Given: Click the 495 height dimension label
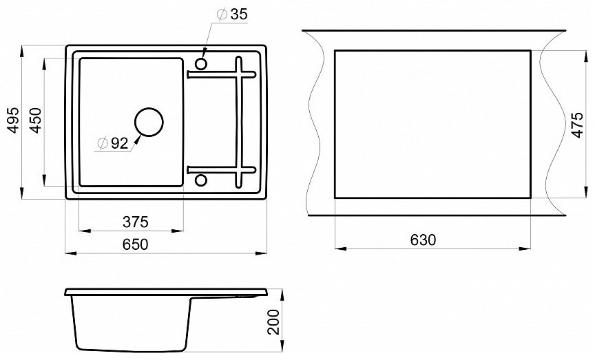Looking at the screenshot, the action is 14,120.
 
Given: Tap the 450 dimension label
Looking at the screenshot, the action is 36,120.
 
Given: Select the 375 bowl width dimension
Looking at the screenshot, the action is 136,222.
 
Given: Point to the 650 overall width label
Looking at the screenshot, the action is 136,244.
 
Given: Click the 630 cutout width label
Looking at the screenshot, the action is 424,240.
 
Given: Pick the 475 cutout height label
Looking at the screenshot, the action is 577,125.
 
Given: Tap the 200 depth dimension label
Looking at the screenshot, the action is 273,322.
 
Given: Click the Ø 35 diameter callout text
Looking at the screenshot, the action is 232,14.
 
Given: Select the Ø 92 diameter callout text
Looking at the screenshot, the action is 113,143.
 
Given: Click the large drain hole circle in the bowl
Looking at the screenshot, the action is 149,108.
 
